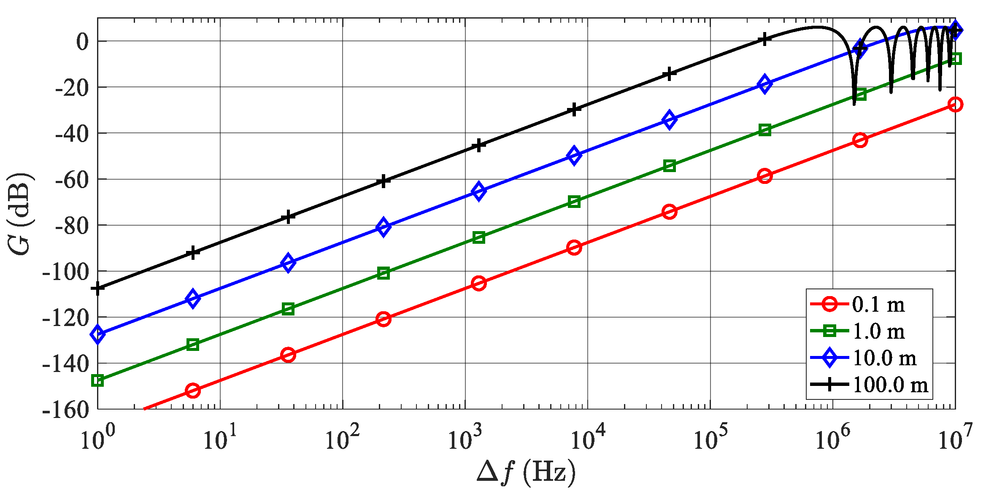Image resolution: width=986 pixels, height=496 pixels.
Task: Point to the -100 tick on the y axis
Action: click(x=65, y=272)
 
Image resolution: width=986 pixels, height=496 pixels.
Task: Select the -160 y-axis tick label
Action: click(x=65, y=409)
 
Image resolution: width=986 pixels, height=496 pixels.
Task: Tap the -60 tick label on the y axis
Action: click(x=72, y=180)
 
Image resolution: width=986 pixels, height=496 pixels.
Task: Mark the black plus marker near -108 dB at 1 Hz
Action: click(x=98, y=289)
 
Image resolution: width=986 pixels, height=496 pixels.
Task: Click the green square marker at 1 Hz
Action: click(x=98, y=380)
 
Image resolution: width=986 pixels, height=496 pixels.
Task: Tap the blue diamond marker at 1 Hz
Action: click(x=98, y=334)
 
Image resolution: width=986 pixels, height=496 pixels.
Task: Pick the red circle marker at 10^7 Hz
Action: click(x=955, y=105)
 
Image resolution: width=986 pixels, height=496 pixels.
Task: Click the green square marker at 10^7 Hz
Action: click(x=955, y=59)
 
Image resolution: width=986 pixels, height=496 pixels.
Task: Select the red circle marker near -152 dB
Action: click(x=193, y=391)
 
